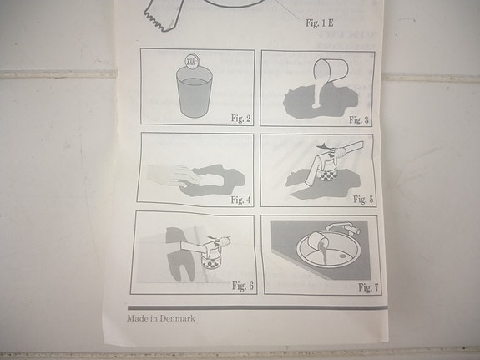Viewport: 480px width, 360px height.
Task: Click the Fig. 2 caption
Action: (241, 119)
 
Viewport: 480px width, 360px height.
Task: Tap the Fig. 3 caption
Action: (359, 119)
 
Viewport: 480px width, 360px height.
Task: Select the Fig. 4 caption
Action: (240, 200)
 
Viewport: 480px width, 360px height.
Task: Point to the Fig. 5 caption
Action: (363, 200)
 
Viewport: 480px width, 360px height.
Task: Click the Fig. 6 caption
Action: (243, 286)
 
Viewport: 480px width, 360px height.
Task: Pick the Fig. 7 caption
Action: (368, 287)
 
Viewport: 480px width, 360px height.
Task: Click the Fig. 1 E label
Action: (320, 23)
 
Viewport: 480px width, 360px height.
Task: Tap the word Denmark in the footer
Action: (177, 318)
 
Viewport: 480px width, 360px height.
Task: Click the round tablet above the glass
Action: (192, 60)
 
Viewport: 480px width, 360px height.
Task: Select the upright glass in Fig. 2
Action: (194, 92)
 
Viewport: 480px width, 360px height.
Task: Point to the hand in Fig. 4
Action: (174, 175)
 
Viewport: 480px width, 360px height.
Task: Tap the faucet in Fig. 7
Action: (342, 228)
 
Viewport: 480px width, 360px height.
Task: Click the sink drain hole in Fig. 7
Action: (343, 255)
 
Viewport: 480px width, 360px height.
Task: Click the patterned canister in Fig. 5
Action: (327, 175)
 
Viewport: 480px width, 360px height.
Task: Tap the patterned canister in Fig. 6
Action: (211, 261)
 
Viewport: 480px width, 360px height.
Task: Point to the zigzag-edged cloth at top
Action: (162, 17)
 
